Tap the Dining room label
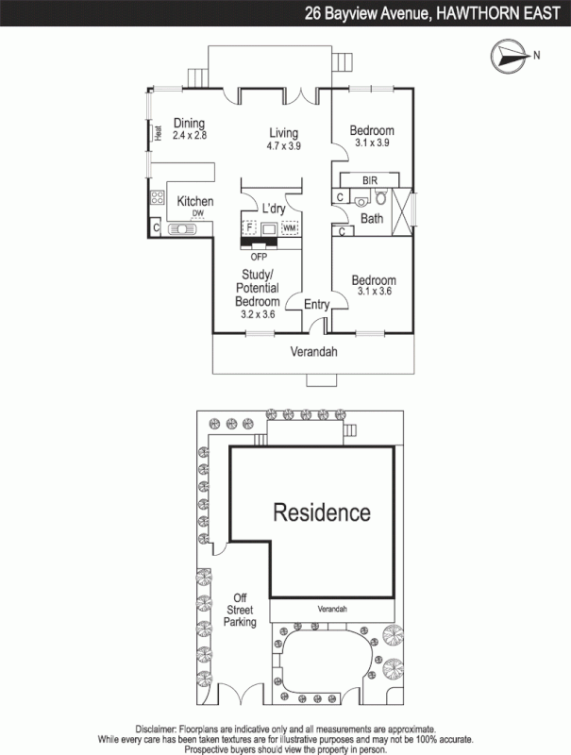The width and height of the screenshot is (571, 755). pyautogui.click(x=189, y=122)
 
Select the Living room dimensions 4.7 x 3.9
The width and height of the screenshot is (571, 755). pyautogui.click(x=283, y=146)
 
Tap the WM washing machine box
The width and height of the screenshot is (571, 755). pyautogui.click(x=290, y=228)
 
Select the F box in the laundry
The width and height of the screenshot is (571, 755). pyautogui.click(x=250, y=228)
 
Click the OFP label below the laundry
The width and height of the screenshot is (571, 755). pyautogui.click(x=259, y=256)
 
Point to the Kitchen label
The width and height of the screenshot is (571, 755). pyautogui.click(x=195, y=202)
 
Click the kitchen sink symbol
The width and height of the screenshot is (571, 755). pyautogui.click(x=178, y=229)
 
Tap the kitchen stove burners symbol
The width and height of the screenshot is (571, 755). pyautogui.click(x=156, y=201)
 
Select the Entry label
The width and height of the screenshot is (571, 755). pyautogui.click(x=316, y=304)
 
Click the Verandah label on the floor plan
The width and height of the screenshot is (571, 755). pyautogui.click(x=313, y=352)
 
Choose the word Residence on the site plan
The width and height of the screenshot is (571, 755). pyautogui.click(x=322, y=512)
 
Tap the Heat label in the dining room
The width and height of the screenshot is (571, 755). pyautogui.click(x=160, y=133)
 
